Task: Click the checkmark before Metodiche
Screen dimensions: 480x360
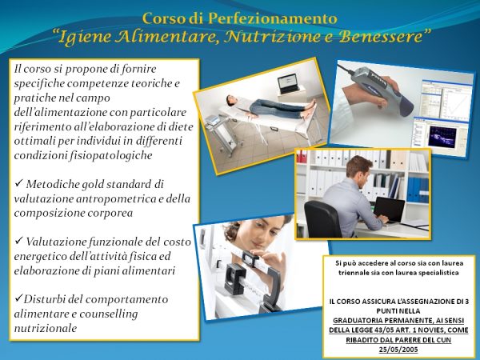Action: coord(19,183)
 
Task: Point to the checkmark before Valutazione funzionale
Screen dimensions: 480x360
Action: coord(19,241)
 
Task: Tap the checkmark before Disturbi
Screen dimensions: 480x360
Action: coord(18,298)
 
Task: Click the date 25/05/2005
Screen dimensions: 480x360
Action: coord(398,350)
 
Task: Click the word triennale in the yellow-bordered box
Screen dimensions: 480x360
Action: coord(353,273)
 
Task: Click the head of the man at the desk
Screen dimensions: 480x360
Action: coord(358,168)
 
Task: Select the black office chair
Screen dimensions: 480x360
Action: coord(322,219)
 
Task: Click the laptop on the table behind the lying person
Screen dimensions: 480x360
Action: coord(288,83)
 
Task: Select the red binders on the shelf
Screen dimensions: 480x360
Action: coord(302,156)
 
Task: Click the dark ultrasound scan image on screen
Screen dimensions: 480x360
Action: coord(444,137)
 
